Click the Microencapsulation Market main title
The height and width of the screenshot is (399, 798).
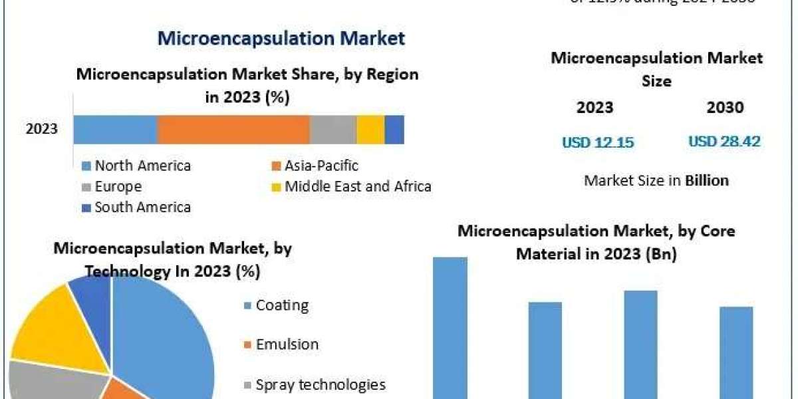(x=281, y=38)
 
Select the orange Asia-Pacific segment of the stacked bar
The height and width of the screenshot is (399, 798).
(x=233, y=129)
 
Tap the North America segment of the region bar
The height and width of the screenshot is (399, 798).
(x=115, y=129)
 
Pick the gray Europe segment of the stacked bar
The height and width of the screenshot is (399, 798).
(x=333, y=129)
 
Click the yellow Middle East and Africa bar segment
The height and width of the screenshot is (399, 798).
(x=370, y=129)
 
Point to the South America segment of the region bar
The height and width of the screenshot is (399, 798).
(x=394, y=129)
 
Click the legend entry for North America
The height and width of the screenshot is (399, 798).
(x=142, y=166)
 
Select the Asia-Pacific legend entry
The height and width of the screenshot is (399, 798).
(x=321, y=166)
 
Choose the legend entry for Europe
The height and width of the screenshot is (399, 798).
(x=118, y=187)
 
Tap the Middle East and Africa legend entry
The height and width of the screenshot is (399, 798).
(x=357, y=187)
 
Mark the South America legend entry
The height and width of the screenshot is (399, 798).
(x=142, y=207)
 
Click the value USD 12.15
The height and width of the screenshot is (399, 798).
(x=598, y=142)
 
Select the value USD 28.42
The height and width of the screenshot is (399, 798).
(x=724, y=141)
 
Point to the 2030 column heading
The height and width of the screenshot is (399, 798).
(x=726, y=108)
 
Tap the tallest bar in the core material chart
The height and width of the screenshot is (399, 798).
(x=450, y=326)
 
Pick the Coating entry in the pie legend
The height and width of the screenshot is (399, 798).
(x=281, y=306)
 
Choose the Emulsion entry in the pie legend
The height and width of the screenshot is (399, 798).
(x=287, y=344)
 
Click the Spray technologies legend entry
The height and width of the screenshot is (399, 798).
(x=320, y=384)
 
